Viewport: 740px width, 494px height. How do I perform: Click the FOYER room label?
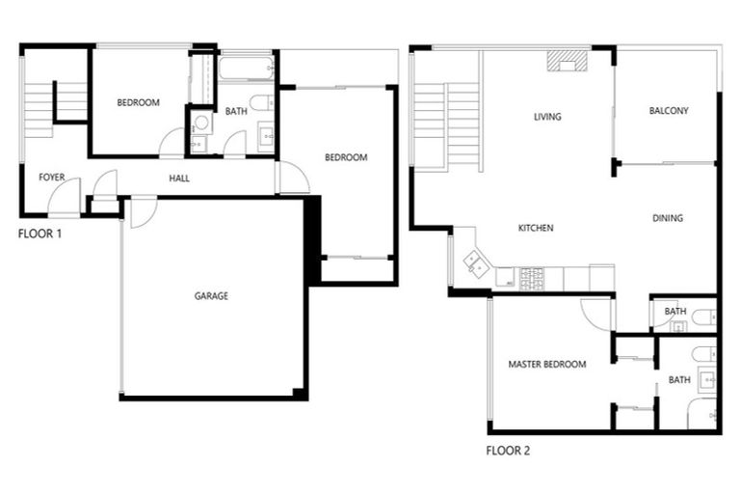[51, 178]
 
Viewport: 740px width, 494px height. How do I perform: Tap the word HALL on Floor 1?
[179, 178]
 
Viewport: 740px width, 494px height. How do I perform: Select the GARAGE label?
[211, 296]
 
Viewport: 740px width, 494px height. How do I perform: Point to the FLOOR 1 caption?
[41, 233]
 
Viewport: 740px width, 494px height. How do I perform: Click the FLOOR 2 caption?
[508, 450]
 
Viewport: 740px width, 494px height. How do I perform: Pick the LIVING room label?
[547, 118]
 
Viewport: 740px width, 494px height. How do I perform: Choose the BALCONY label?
[669, 111]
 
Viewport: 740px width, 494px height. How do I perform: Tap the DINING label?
[667, 218]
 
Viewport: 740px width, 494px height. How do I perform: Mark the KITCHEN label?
[536, 229]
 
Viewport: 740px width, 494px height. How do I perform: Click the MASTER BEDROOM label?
[547, 364]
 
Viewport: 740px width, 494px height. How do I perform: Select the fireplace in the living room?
[567, 61]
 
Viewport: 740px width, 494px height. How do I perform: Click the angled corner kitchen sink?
[475, 261]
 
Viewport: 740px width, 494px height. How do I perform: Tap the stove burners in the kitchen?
[531, 278]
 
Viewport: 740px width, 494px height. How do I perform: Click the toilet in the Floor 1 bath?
[261, 102]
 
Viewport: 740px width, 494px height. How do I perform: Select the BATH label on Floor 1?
[236, 112]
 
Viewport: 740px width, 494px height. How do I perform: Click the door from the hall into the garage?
[141, 210]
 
